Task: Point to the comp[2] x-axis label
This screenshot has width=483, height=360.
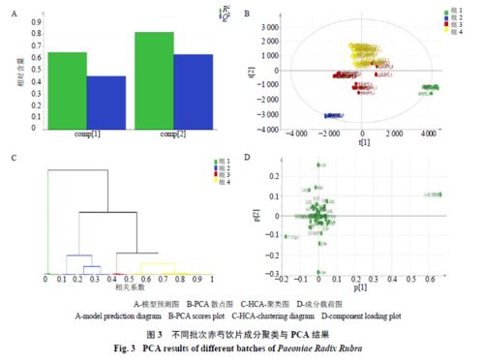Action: pos(172,134)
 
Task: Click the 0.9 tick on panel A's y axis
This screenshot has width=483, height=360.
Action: pos(37,20)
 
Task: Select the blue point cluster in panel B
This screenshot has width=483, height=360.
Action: pos(335,115)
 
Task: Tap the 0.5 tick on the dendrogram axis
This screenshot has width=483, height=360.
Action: pos(128,279)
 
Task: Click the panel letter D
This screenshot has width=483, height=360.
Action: pos(249,157)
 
